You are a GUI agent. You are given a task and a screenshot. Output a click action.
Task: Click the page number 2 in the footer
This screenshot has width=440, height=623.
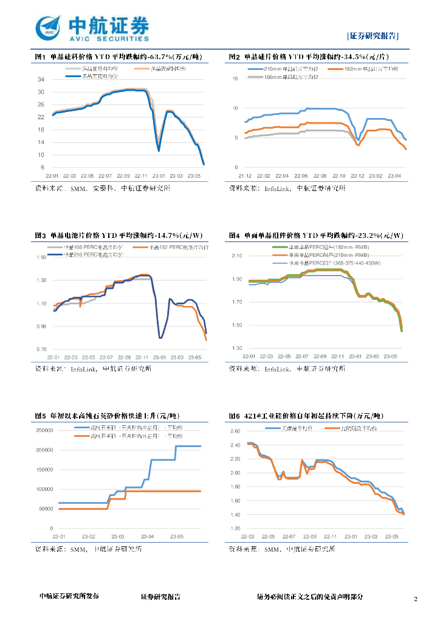[416, 599]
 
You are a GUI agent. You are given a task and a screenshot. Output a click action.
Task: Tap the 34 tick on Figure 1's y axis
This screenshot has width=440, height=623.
[41, 80]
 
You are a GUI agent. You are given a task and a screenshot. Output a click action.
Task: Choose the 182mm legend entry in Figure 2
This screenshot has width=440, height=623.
[372, 69]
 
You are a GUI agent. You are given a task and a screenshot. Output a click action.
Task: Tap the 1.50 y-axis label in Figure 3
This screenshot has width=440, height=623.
[41, 257]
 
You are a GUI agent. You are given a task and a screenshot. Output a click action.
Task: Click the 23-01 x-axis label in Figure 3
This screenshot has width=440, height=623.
[159, 357]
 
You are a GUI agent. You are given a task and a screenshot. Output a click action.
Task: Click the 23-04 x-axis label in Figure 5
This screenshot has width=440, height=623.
[148, 537]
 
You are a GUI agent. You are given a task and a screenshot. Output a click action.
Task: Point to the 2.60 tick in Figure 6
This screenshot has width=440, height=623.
[235, 431]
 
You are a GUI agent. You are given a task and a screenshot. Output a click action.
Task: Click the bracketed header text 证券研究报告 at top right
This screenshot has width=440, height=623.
[374, 35]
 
